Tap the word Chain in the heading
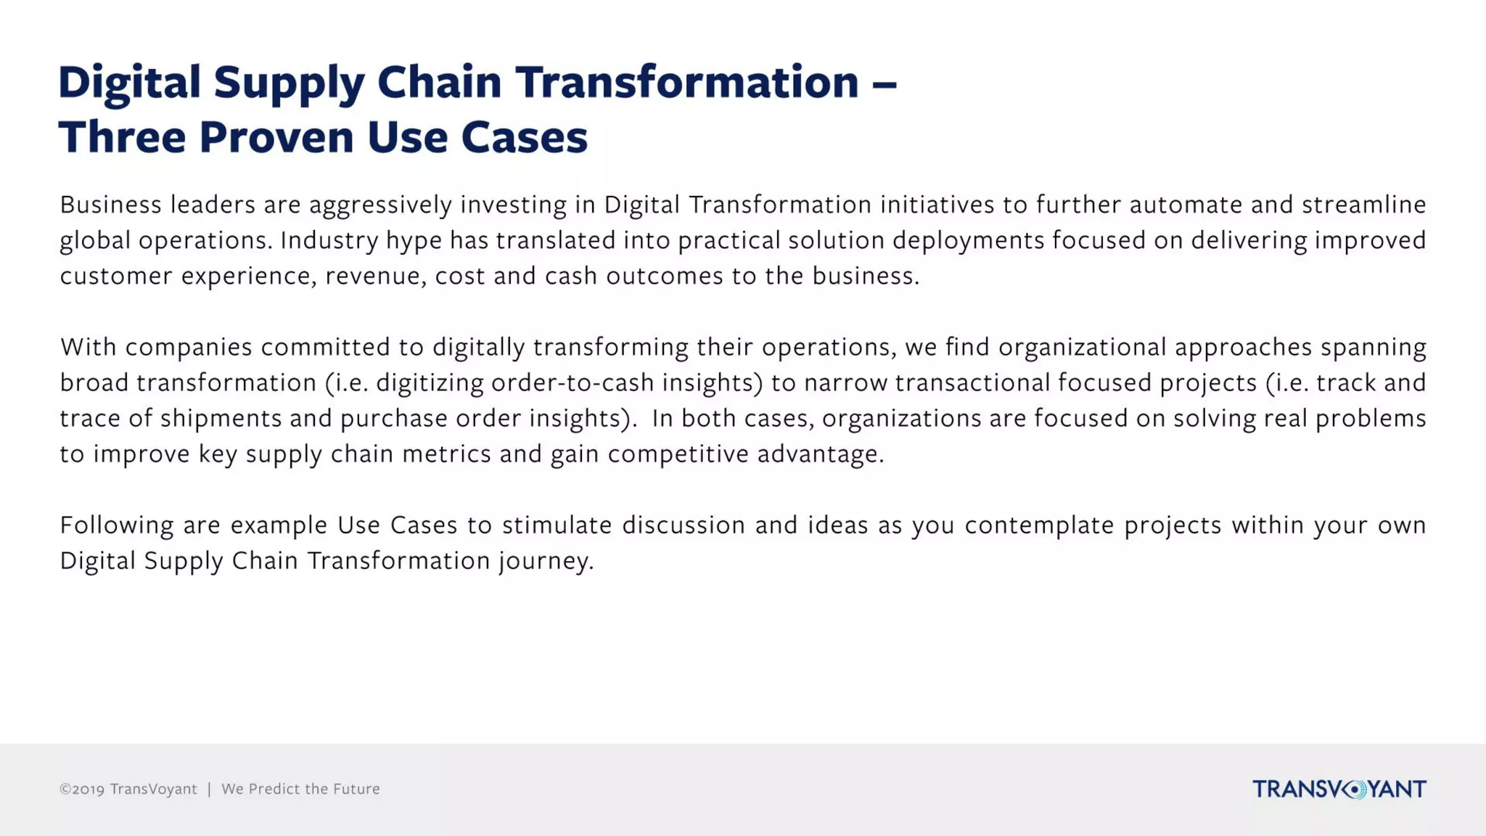point(439,81)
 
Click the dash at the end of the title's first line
point(884,83)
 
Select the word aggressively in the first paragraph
point(381,205)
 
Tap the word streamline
point(1363,205)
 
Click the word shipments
point(221,419)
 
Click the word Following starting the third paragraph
point(116,525)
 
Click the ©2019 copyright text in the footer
point(82,789)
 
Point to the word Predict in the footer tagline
point(274,789)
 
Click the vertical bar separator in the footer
point(209,789)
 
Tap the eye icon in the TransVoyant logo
point(1354,789)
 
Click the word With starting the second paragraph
point(88,347)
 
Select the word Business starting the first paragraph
point(110,205)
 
